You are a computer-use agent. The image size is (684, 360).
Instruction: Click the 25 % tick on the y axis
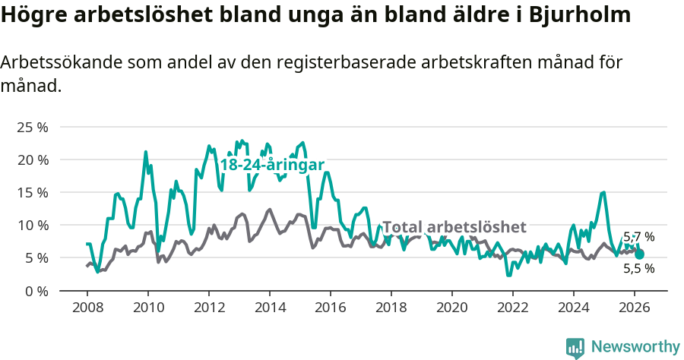(31, 127)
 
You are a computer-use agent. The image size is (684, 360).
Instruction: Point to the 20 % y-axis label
(31, 159)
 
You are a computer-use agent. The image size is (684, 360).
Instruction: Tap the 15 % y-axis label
(31, 192)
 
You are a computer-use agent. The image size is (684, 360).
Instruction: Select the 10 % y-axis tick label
(31, 225)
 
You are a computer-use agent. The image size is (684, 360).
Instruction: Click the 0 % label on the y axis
(35, 291)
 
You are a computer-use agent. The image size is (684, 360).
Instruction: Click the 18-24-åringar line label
(272, 165)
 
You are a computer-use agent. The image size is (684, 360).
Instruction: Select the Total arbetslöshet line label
(454, 227)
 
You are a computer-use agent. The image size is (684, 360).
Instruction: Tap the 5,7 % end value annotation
(638, 237)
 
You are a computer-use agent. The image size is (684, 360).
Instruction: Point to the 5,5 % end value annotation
(638, 268)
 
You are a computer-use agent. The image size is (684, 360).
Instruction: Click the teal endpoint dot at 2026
(639, 254)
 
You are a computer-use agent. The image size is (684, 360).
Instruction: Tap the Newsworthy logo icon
(575, 347)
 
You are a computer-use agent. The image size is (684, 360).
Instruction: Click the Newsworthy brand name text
(635, 347)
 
